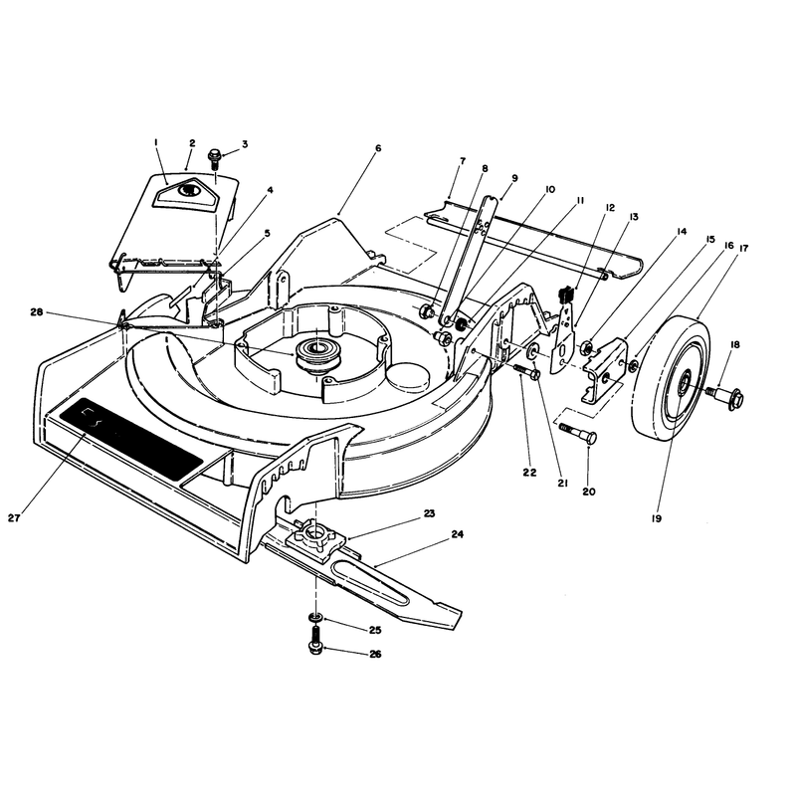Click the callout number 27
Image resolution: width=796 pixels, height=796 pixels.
pyautogui.click(x=14, y=517)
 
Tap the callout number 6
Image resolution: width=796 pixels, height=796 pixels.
pyautogui.click(x=378, y=148)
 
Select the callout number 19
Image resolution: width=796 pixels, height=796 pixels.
pyautogui.click(x=657, y=518)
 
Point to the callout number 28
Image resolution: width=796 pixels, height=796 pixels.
pyautogui.click(x=37, y=312)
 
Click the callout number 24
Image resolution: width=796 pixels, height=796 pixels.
pyautogui.click(x=458, y=534)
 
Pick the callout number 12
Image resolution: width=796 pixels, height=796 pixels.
pyautogui.click(x=610, y=207)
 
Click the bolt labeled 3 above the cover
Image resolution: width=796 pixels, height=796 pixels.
pyautogui.click(x=215, y=158)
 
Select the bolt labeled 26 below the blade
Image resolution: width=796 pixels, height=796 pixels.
pyautogui.click(x=315, y=639)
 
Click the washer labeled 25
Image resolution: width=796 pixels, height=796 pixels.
pyautogui.click(x=315, y=617)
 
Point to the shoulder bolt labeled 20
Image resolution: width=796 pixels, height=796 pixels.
pyautogui.click(x=579, y=434)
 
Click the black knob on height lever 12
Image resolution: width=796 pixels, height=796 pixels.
pyautogui.click(x=566, y=294)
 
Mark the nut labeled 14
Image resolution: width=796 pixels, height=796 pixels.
pyautogui.click(x=585, y=347)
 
